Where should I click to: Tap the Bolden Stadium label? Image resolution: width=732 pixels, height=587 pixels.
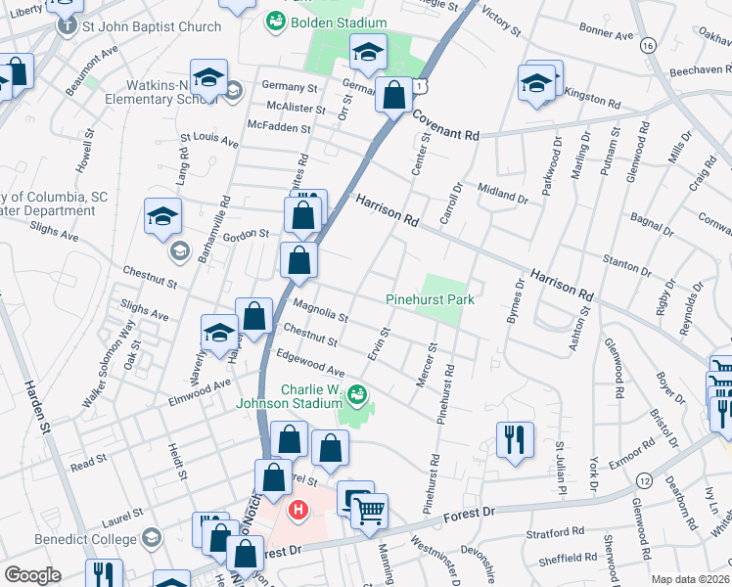[337, 23]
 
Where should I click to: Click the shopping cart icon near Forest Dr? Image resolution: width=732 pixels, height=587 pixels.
[369, 511]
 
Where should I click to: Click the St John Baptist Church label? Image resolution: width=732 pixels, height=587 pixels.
[152, 26]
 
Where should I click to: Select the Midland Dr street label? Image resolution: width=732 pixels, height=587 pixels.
[503, 192]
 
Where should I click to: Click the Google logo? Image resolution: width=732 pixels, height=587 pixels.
[32, 575]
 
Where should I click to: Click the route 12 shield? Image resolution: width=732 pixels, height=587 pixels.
[643, 480]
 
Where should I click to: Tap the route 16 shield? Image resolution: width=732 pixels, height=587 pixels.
[647, 45]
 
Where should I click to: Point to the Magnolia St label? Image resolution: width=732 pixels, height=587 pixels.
[320, 310]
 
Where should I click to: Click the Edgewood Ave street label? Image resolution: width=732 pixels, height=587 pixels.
[311, 365]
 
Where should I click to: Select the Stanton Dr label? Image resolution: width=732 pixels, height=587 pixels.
[625, 264]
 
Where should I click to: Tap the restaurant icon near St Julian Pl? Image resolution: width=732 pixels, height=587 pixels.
[515, 439]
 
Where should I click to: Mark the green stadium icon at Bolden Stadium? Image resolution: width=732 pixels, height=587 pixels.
[275, 22]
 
